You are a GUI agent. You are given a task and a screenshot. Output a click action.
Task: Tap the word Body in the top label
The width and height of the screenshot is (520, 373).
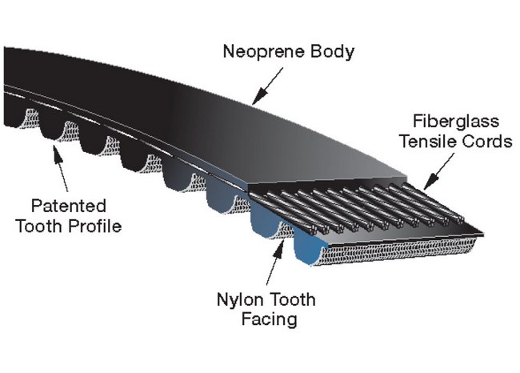click(x=334, y=54)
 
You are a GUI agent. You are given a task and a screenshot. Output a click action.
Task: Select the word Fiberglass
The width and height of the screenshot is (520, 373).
click(x=456, y=122)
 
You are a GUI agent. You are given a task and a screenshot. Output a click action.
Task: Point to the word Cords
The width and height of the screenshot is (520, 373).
click(x=487, y=142)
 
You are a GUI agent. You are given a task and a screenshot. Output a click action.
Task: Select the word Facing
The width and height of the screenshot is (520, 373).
click(x=268, y=320)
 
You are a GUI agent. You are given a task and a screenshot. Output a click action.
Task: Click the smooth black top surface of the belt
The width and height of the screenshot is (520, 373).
click(x=240, y=128)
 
